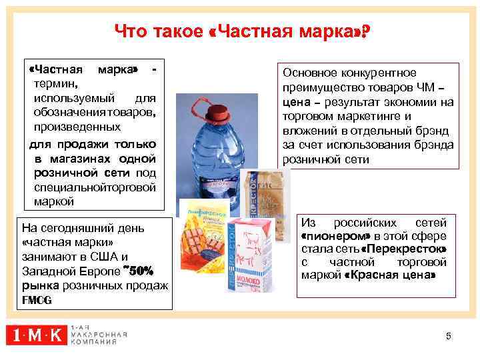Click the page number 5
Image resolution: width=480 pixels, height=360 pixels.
tap(448, 336)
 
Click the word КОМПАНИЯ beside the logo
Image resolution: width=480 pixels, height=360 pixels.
tap(93, 341)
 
